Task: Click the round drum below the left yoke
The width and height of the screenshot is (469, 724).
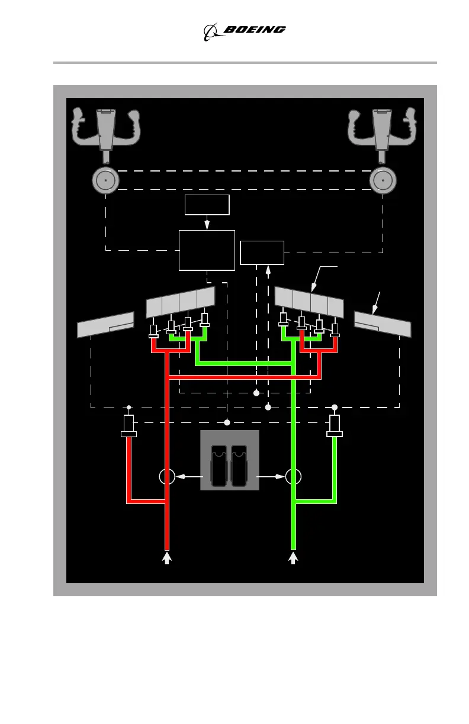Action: click(105, 179)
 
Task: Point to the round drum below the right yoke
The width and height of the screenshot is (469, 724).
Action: click(382, 179)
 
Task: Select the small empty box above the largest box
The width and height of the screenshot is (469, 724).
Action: click(207, 205)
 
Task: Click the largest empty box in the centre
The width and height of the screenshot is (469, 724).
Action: click(207, 250)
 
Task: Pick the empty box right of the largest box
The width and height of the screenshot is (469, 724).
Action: click(262, 253)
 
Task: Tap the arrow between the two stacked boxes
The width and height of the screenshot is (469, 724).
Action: click(207, 223)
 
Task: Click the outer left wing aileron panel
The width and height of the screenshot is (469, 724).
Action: click(107, 325)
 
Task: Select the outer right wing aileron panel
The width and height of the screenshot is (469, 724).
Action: click(383, 324)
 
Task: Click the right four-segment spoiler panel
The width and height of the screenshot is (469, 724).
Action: click(309, 302)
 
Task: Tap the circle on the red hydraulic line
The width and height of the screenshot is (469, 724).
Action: click(166, 476)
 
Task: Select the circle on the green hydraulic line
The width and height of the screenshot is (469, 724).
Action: click(293, 476)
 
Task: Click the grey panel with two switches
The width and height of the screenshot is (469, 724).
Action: click(230, 460)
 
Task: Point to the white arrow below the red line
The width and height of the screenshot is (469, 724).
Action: click(167, 557)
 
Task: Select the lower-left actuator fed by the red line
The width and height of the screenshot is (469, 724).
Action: click(129, 426)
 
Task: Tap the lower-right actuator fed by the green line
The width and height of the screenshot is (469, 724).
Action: click(335, 426)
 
